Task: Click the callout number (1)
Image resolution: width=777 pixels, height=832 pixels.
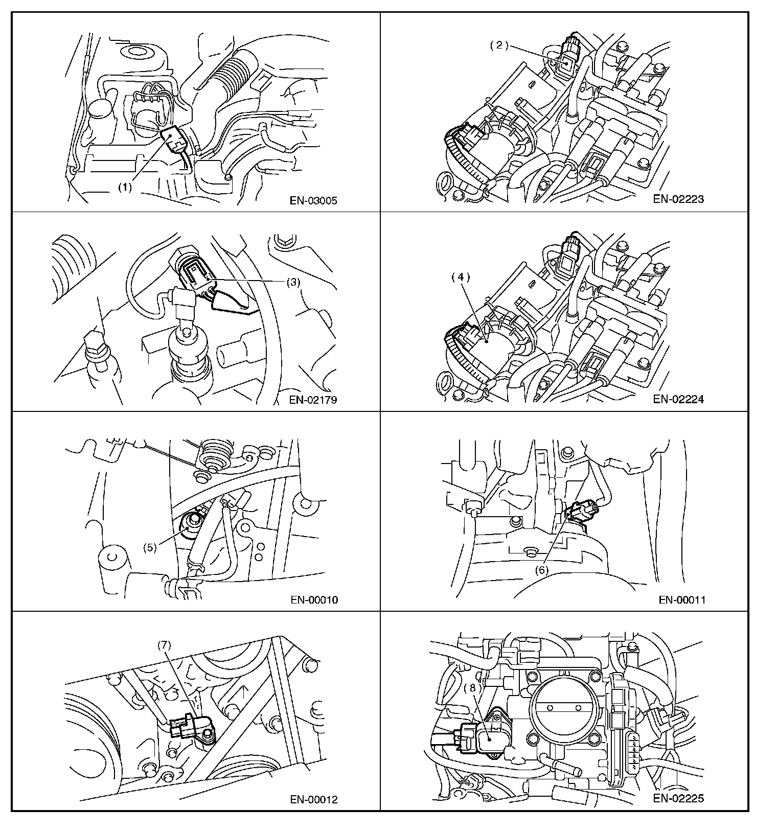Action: pyautogui.click(x=125, y=187)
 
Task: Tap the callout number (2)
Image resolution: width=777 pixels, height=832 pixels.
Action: pyautogui.click(x=499, y=45)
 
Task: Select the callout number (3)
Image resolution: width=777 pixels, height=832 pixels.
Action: pyautogui.click(x=292, y=282)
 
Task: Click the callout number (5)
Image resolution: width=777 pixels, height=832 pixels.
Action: pyautogui.click(x=150, y=547)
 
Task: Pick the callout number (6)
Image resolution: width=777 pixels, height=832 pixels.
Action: pyautogui.click(x=541, y=569)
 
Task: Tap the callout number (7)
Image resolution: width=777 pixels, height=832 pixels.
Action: pyautogui.click(x=164, y=645)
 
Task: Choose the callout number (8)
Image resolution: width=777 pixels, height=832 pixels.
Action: pyautogui.click(x=473, y=688)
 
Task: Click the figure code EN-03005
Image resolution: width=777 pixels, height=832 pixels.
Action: pyautogui.click(x=314, y=201)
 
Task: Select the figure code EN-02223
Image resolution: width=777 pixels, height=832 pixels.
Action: pyautogui.click(x=678, y=199)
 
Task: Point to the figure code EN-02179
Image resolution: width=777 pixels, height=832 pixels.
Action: pyautogui.click(x=313, y=400)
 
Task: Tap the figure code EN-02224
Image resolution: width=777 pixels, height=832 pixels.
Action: pyautogui.click(x=678, y=399)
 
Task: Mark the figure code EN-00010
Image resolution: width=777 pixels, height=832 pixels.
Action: pyautogui.click(x=314, y=600)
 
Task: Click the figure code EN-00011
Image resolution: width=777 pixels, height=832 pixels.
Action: pyautogui.click(x=682, y=600)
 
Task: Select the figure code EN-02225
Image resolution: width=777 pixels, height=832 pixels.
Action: pyautogui.click(x=678, y=798)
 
